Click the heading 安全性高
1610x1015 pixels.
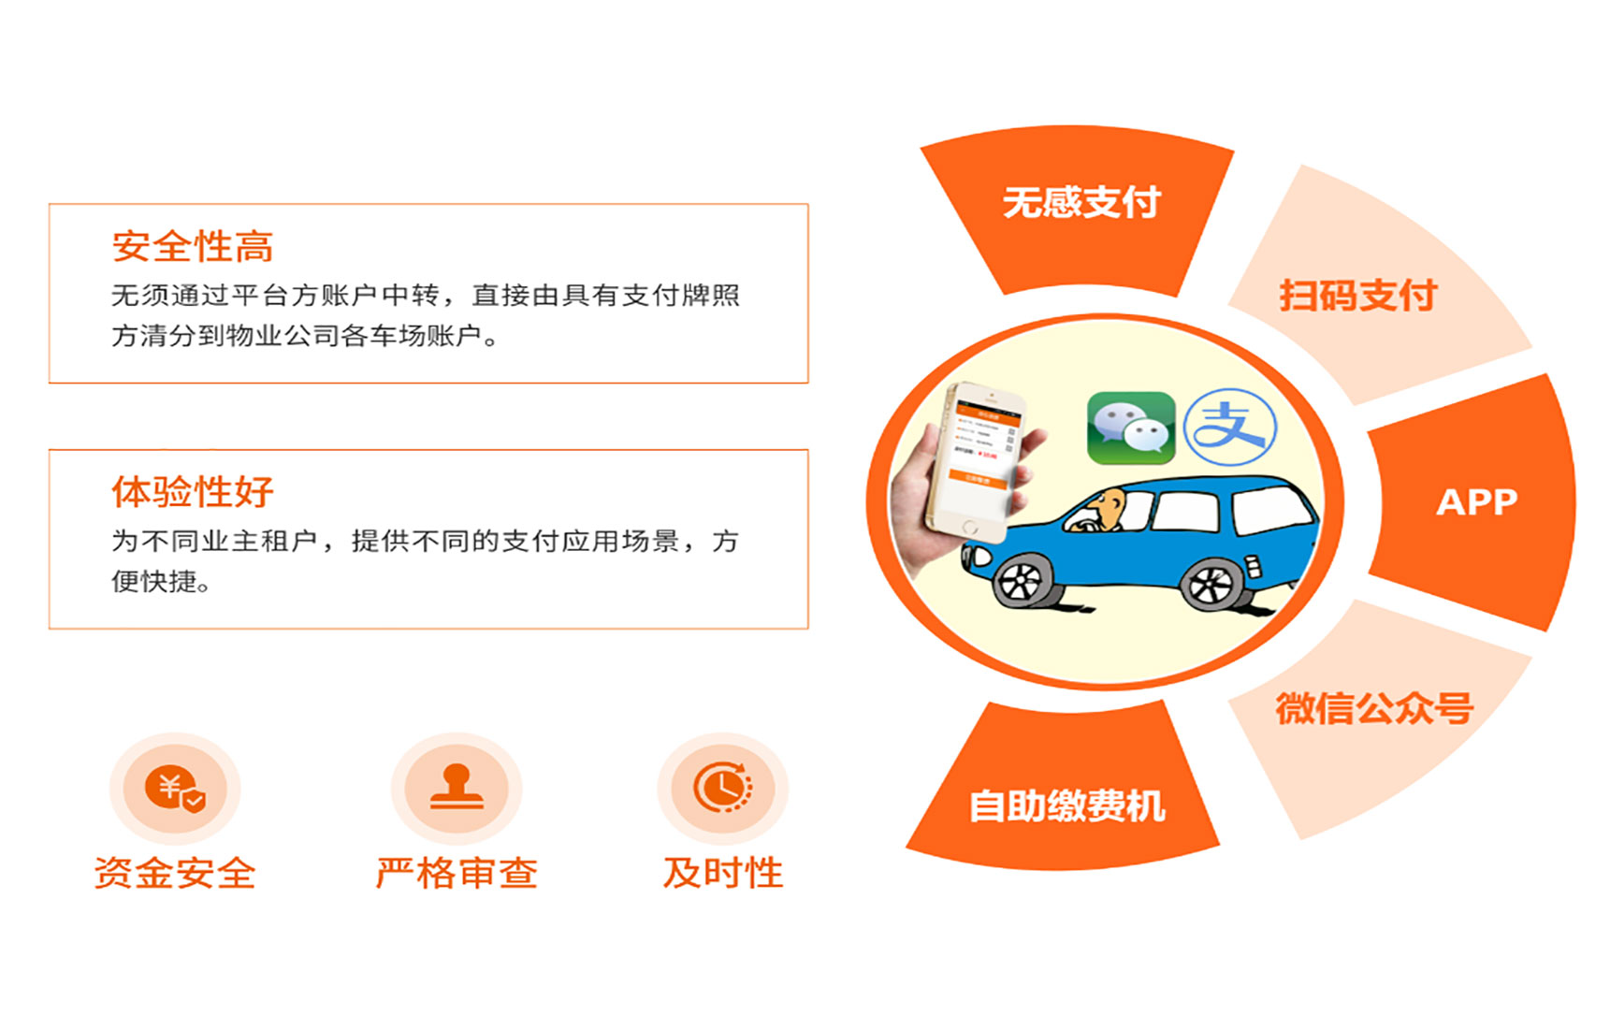click(193, 247)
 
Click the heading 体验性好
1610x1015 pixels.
click(193, 492)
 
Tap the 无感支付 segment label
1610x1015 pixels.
click(1081, 202)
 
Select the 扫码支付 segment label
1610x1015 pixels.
click(1357, 296)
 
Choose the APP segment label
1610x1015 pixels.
click(1477, 502)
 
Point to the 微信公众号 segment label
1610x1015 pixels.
click(1374, 708)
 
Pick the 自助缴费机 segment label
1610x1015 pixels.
click(1066, 806)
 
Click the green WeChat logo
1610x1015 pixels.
click(1131, 428)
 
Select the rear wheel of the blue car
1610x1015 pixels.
click(1212, 584)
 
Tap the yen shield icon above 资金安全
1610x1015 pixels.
click(175, 789)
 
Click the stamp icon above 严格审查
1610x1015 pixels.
click(457, 787)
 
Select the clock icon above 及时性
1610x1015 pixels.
click(722, 787)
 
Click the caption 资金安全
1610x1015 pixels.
click(175, 873)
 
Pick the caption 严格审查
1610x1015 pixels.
click(457, 873)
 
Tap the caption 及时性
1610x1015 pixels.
click(723, 873)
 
